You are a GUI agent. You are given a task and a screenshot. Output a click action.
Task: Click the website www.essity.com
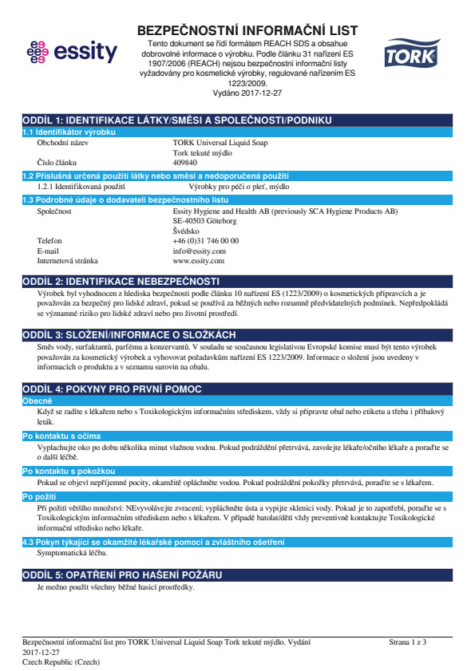click(198, 261)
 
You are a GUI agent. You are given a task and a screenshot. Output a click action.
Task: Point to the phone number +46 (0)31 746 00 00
click(206, 240)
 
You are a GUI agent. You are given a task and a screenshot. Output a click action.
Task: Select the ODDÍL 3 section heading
click(129, 334)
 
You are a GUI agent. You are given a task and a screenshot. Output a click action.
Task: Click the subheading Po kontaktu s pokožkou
click(57, 472)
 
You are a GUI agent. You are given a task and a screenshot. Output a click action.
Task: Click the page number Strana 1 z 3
click(408, 641)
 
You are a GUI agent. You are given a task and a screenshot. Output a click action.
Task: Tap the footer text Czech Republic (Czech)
click(61, 662)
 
